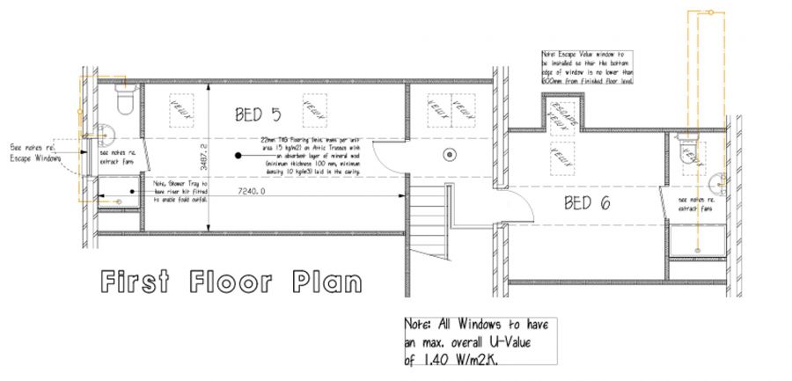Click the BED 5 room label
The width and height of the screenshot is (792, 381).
coord(258,114)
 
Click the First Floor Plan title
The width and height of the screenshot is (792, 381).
coord(231,283)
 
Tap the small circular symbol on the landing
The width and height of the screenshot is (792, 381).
coord(450,155)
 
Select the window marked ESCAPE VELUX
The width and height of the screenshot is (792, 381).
coord(561,117)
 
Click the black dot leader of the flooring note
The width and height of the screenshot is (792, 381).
coord(238,156)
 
